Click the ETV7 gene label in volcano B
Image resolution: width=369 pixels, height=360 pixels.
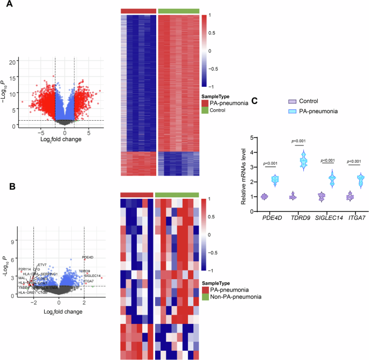tap(42, 265)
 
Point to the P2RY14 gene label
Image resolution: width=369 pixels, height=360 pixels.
tap(25, 269)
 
